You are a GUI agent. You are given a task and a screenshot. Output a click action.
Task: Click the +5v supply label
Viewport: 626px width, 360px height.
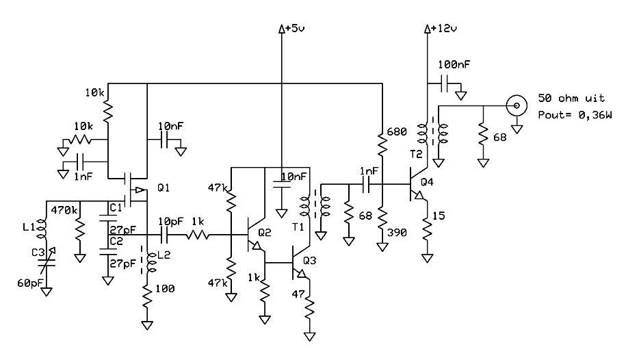tap(294, 28)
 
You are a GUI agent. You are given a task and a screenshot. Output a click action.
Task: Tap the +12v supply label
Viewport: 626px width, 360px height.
tap(443, 28)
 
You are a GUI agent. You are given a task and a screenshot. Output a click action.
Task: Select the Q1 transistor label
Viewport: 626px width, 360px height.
tap(164, 187)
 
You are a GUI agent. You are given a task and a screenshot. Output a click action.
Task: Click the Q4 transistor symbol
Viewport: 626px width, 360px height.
tap(417, 185)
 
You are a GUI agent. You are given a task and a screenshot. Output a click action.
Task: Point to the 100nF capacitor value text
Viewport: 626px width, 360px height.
tap(454, 64)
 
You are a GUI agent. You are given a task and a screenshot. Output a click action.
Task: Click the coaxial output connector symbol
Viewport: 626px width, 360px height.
tap(517, 106)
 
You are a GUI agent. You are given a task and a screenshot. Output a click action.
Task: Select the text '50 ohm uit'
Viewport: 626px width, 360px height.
tap(571, 98)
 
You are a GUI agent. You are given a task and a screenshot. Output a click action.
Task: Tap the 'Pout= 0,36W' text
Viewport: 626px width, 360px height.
tap(575, 115)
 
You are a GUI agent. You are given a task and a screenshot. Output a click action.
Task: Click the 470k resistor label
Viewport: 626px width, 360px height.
tap(64, 209)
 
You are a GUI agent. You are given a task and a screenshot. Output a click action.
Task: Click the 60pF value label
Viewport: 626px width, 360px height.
tap(30, 283)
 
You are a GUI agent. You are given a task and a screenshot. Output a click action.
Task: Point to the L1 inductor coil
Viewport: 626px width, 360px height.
tap(42, 227)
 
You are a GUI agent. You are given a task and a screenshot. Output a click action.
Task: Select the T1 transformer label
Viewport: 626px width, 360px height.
tap(298, 227)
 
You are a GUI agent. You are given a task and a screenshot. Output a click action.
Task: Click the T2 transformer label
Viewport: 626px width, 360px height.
tap(416, 154)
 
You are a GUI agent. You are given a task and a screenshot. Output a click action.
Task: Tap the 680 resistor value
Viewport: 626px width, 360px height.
tap(397, 131)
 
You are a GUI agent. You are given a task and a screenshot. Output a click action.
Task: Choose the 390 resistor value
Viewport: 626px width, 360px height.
tap(397, 233)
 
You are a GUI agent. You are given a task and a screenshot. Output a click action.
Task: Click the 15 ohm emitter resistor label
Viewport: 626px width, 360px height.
tap(439, 216)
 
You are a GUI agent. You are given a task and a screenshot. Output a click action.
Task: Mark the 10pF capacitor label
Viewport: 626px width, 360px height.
tap(171, 221)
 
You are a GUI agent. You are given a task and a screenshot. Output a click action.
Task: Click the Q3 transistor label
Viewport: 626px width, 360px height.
tap(309, 261)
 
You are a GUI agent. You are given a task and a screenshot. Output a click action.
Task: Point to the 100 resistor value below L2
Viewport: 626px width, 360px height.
tap(165, 289)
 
